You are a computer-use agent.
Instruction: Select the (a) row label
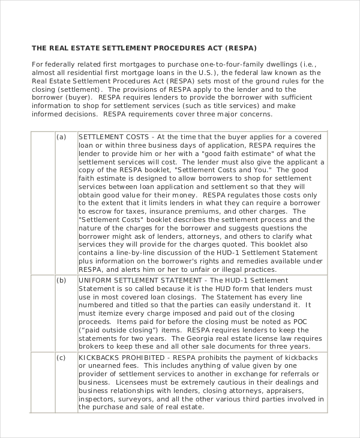[61, 137]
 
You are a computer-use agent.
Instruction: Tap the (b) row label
[61, 280]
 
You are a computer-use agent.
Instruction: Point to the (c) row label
[61, 358]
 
